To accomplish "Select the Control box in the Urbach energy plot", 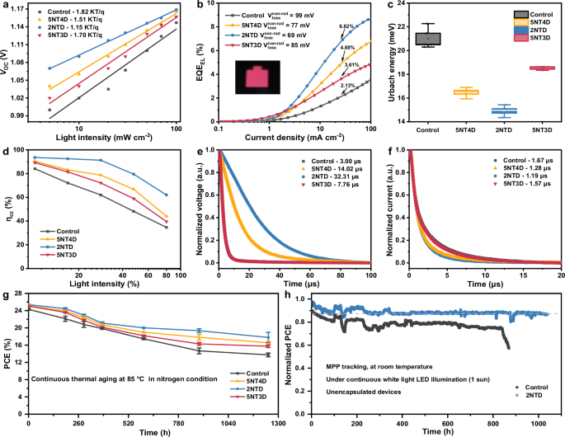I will pos(429,38).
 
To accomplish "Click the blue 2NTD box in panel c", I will pos(502,110).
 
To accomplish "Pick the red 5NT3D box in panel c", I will pos(539,68).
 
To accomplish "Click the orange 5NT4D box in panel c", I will pos(466,92).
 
